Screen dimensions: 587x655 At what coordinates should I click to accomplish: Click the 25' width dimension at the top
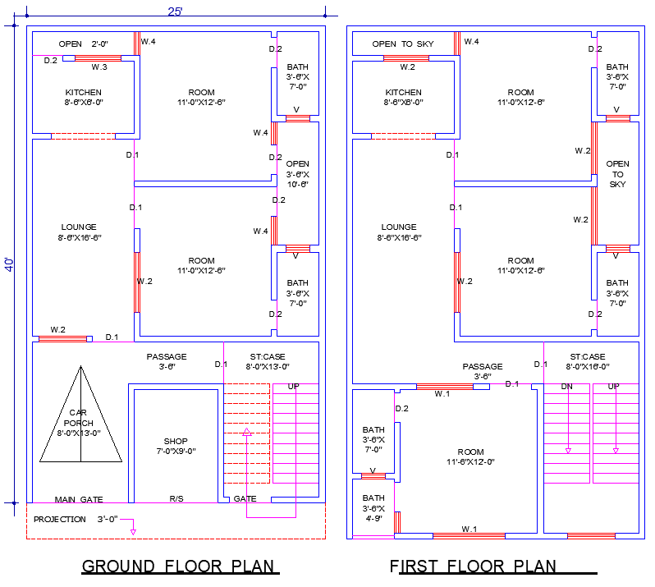click(176, 11)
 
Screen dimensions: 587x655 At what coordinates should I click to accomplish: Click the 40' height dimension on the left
click(10, 264)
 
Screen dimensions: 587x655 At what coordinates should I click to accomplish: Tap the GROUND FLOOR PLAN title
click(181, 566)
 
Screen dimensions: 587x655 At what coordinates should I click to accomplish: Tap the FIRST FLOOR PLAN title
click(473, 566)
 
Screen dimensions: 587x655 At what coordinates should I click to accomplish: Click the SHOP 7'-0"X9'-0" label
click(175, 446)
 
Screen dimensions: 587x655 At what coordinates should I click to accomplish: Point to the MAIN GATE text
click(79, 499)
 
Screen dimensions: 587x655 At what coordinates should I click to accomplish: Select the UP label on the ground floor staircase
click(293, 386)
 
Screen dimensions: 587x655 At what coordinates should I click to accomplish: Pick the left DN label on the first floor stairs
click(566, 386)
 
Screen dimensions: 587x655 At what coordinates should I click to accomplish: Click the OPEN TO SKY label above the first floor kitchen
click(402, 44)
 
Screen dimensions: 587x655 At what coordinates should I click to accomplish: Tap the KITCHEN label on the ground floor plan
click(84, 98)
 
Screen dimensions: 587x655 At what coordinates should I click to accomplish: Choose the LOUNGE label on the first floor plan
click(400, 232)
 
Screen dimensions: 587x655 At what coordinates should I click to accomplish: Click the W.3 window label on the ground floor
click(99, 66)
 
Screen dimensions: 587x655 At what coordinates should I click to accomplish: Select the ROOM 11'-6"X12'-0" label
click(470, 456)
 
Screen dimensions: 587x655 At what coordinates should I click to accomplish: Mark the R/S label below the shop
click(176, 498)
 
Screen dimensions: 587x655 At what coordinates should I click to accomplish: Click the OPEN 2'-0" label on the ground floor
click(84, 44)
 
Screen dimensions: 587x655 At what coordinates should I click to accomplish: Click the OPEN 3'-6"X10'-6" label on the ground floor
click(297, 174)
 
